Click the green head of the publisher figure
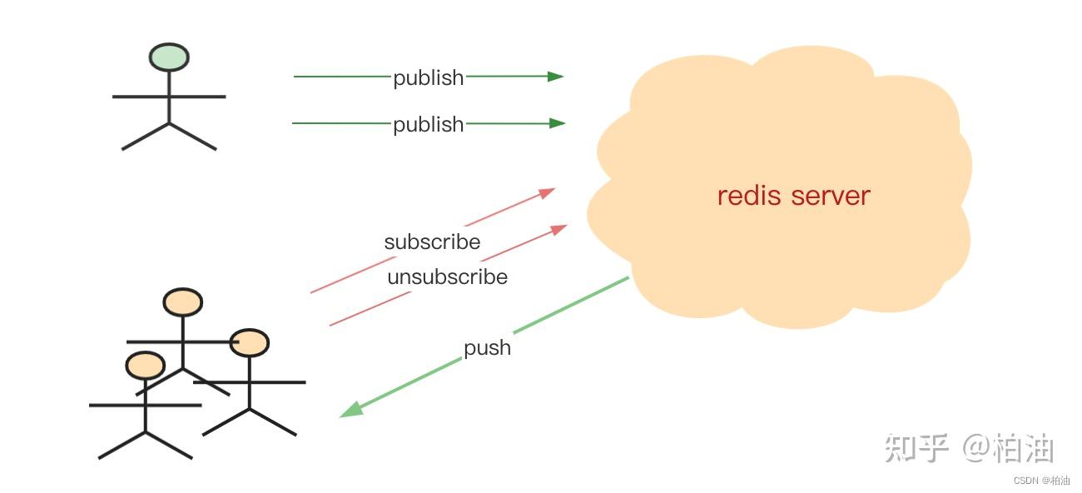169,57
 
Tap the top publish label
428,77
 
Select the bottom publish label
428,124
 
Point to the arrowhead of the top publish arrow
556,77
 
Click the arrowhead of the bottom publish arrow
558,123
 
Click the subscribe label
432,242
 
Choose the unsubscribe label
447,276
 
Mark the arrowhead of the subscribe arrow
547,192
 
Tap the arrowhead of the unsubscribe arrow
559,227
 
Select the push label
487,347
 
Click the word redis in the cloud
749,196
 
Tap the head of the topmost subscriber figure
182,302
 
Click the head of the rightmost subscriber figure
250,342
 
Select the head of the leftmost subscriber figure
146,365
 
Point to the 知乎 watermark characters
916,449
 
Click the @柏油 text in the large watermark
1009,449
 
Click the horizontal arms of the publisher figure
169,97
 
